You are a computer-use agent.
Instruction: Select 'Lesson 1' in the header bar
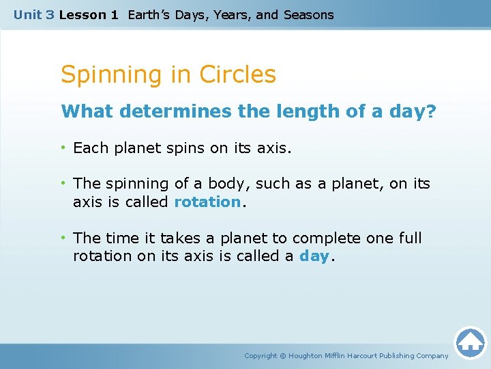88,14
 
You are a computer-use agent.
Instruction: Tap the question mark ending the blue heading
430,111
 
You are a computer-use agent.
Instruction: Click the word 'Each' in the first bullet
89,148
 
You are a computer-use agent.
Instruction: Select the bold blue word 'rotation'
207,202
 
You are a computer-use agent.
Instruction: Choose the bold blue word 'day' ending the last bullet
314,257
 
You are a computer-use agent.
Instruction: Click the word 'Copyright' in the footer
261,356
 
